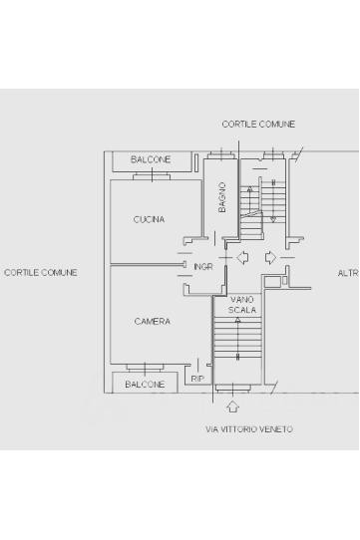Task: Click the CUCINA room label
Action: point(149,219)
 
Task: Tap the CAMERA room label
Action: point(152,322)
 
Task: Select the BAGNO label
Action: point(222,197)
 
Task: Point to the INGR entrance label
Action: point(203,267)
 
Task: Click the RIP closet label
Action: point(197,379)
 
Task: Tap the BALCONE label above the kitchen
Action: point(151,159)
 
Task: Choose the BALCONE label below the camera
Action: point(145,384)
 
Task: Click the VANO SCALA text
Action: point(242,305)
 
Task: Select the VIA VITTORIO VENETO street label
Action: point(249,429)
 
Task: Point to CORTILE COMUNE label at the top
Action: point(258,124)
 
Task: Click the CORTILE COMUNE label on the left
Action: point(40,272)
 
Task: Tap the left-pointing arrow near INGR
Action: point(242,257)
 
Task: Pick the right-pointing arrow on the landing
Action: point(270,258)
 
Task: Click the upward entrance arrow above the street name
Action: point(233,406)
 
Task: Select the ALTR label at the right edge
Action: point(348,273)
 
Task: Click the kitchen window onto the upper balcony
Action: point(152,176)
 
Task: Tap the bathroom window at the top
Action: point(221,154)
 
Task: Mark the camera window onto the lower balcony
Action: point(145,368)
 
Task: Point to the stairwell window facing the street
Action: point(232,389)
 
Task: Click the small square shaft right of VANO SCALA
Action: point(272,281)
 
